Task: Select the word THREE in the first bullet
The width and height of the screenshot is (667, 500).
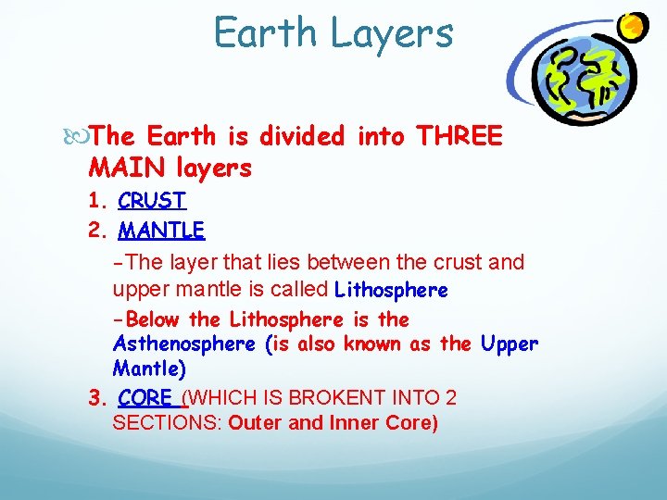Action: pos(459,137)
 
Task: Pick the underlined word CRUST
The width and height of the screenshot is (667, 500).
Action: pos(152,201)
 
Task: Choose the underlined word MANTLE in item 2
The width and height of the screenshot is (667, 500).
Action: pos(161,229)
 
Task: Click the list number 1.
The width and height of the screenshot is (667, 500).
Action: pos(94,201)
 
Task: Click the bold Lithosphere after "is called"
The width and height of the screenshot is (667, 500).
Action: pos(391,291)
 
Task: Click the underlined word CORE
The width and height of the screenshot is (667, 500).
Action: pos(145,398)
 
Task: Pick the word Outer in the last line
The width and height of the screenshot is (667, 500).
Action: pos(252,424)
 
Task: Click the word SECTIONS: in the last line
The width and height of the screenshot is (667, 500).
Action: pos(166,424)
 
